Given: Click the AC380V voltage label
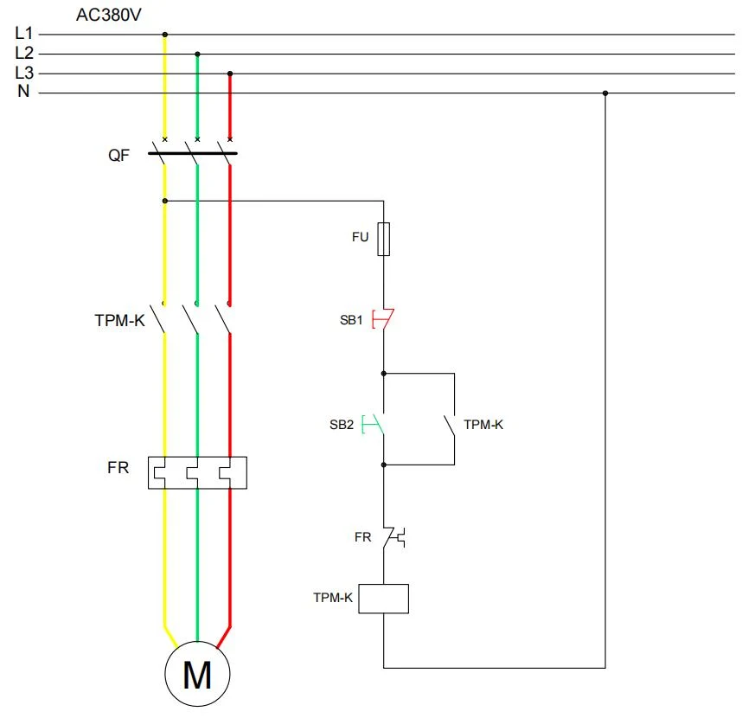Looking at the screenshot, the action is click(108, 16).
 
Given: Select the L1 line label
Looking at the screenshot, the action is click(24, 33).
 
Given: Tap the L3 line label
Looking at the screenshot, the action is click(24, 73).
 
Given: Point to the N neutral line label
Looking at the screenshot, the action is click(23, 91).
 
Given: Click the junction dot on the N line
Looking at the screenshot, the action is click(605, 93).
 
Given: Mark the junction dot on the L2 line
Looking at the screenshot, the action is click(197, 54).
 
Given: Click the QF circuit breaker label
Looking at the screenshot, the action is click(118, 155).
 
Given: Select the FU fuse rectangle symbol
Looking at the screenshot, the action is click(384, 239).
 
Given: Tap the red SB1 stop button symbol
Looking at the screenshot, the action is click(383, 318).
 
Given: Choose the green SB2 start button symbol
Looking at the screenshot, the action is click(373, 424).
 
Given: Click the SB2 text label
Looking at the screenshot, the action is click(342, 425).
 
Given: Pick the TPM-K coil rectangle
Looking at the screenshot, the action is click(383, 599).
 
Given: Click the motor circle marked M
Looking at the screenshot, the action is click(197, 674).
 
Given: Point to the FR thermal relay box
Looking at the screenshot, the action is click(197, 473).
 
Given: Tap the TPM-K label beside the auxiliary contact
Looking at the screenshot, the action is click(483, 425).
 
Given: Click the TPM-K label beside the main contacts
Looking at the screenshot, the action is click(119, 320).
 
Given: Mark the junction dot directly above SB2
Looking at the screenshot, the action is click(384, 374).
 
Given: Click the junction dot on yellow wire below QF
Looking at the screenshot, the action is click(164, 202).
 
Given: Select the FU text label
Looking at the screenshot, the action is click(360, 237).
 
